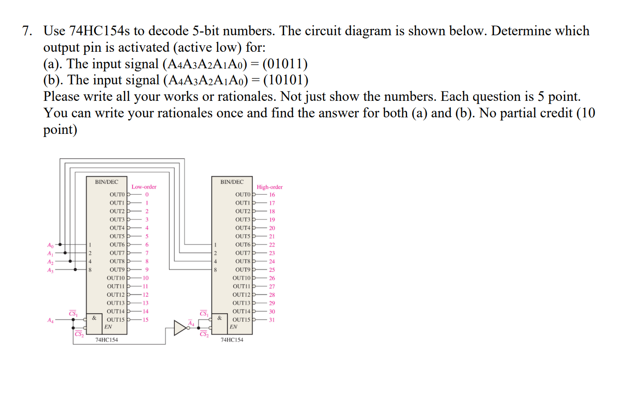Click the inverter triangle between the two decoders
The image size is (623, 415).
point(180,328)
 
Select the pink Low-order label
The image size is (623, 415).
point(144,187)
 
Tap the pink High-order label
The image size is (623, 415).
point(269,187)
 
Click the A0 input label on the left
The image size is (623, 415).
point(50,245)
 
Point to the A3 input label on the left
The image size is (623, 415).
point(50,270)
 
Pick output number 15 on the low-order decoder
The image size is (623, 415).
point(145,320)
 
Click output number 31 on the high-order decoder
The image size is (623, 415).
point(272,320)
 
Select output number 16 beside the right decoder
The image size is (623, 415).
point(272,195)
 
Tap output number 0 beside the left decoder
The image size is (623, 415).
point(147,195)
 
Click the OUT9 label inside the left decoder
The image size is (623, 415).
point(117,270)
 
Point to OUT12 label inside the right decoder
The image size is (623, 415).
point(241,295)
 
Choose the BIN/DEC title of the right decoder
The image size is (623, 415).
point(232,182)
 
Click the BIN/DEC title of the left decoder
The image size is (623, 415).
point(107,182)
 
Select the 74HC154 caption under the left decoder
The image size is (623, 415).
point(107,340)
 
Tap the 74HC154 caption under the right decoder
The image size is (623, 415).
point(232,340)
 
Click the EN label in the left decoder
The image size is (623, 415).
point(108,327)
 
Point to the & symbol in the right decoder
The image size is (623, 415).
point(219,318)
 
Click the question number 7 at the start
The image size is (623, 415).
point(27,31)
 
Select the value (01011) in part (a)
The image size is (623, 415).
point(285,64)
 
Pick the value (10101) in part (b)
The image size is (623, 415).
point(286,80)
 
